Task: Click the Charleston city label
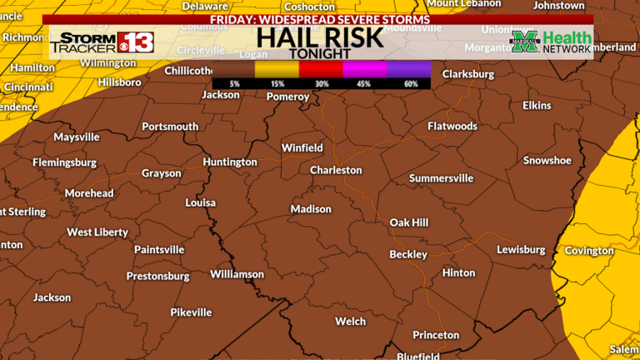(x=336, y=170)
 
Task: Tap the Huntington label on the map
(x=229, y=162)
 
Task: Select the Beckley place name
(x=408, y=254)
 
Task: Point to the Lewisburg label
(x=520, y=249)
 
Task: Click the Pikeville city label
(x=191, y=312)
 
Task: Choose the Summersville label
(x=441, y=178)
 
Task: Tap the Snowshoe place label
(x=547, y=160)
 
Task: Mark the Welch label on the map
(x=350, y=321)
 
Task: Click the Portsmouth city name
(x=170, y=127)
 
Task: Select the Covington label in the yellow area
(x=589, y=251)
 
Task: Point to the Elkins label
(x=537, y=106)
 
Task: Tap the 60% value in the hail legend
(x=410, y=83)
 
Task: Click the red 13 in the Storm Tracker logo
(x=134, y=41)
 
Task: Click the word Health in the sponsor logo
(x=567, y=37)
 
